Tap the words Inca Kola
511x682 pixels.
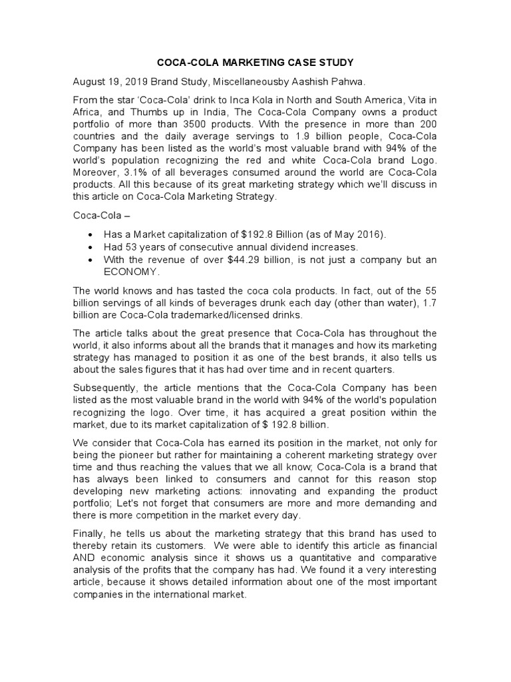click(x=251, y=101)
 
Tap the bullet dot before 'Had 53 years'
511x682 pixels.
click(x=90, y=247)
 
